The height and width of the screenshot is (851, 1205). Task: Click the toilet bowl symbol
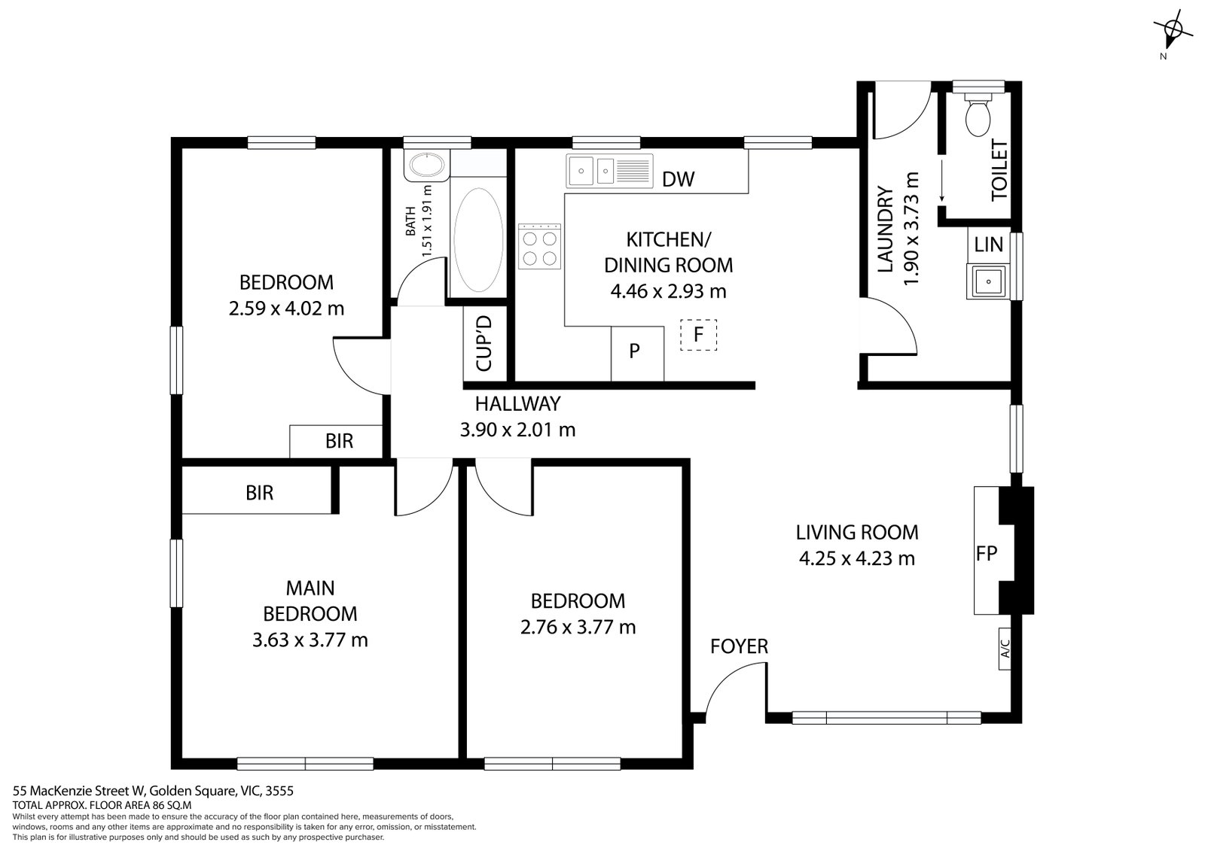click(978, 114)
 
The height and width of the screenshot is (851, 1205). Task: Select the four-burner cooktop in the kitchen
click(539, 247)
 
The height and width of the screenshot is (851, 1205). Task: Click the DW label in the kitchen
click(678, 179)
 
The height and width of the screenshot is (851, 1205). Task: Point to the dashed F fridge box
click(698, 335)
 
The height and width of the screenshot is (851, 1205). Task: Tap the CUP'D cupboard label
click(484, 343)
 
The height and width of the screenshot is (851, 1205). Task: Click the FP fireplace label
click(986, 554)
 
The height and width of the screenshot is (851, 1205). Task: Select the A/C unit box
click(1005, 649)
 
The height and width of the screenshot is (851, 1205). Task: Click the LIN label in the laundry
click(988, 244)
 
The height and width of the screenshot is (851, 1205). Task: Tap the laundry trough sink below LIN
click(988, 282)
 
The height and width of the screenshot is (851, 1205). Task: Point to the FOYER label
click(739, 646)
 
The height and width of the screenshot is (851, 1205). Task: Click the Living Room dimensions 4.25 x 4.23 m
click(856, 558)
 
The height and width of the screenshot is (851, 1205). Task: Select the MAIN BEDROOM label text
click(310, 600)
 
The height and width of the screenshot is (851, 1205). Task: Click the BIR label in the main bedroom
click(259, 493)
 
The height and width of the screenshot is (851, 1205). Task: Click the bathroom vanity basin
click(426, 165)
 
